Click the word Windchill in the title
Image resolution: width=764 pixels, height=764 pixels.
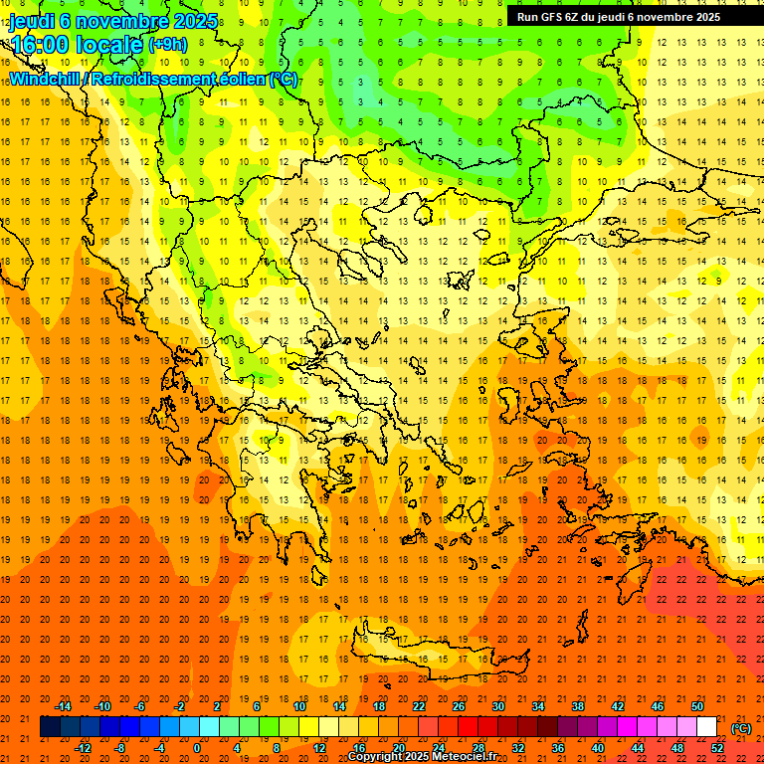point(44,79)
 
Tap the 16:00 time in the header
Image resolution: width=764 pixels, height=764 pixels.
point(40,45)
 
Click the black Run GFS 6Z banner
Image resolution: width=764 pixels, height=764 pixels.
point(627,16)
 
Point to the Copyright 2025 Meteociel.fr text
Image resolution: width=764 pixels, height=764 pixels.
point(422,757)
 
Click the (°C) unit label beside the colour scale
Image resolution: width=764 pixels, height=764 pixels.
point(741,728)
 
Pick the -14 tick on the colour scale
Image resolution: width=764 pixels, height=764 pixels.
point(66,706)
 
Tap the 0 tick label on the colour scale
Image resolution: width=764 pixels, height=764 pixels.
point(196,748)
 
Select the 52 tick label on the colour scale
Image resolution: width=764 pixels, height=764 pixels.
point(717,748)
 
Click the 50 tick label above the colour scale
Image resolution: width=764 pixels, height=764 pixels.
point(697,706)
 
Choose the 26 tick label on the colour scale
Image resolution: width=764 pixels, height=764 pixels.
point(459,706)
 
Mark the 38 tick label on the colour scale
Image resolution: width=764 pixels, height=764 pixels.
point(578,706)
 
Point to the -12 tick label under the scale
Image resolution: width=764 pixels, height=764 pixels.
point(84,748)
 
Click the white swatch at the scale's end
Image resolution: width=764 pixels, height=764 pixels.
point(706,727)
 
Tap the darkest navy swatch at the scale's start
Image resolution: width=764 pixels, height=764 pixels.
point(50,727)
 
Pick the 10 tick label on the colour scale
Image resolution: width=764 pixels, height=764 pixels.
point(299,706)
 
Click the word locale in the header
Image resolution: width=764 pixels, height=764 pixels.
point(110,45)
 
